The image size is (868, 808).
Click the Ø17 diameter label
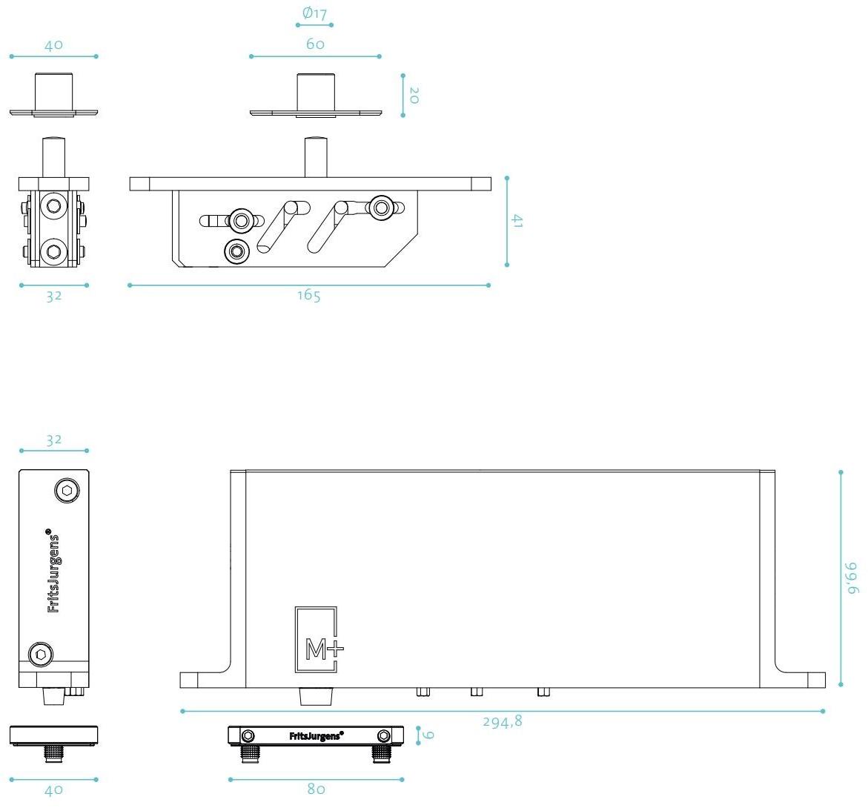(x=315, y=13)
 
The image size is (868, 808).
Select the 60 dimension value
(x=315, y=44)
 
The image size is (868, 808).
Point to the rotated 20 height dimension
(x=414, y=95)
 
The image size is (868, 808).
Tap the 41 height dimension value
(x=517, y=221)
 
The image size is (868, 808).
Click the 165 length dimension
(x=309, y=296)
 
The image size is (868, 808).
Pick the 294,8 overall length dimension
(x=503, y=721)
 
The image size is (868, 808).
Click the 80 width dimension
(x=317, y=789)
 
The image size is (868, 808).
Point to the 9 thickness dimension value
(x=428, y=735)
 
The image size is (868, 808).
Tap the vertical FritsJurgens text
(x=53, y=571)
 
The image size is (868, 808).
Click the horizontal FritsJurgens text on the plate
(x=317, y=735)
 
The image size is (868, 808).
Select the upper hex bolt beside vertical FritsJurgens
(x=67, y=491)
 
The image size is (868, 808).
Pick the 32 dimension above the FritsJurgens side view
(x=53, y=440)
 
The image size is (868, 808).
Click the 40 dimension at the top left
(x=53, y=44)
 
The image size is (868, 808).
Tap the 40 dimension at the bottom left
(x=53, y=790)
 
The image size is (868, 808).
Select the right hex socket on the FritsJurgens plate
(x=384, y=735)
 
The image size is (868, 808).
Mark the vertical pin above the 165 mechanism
(x=314, y=157)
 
